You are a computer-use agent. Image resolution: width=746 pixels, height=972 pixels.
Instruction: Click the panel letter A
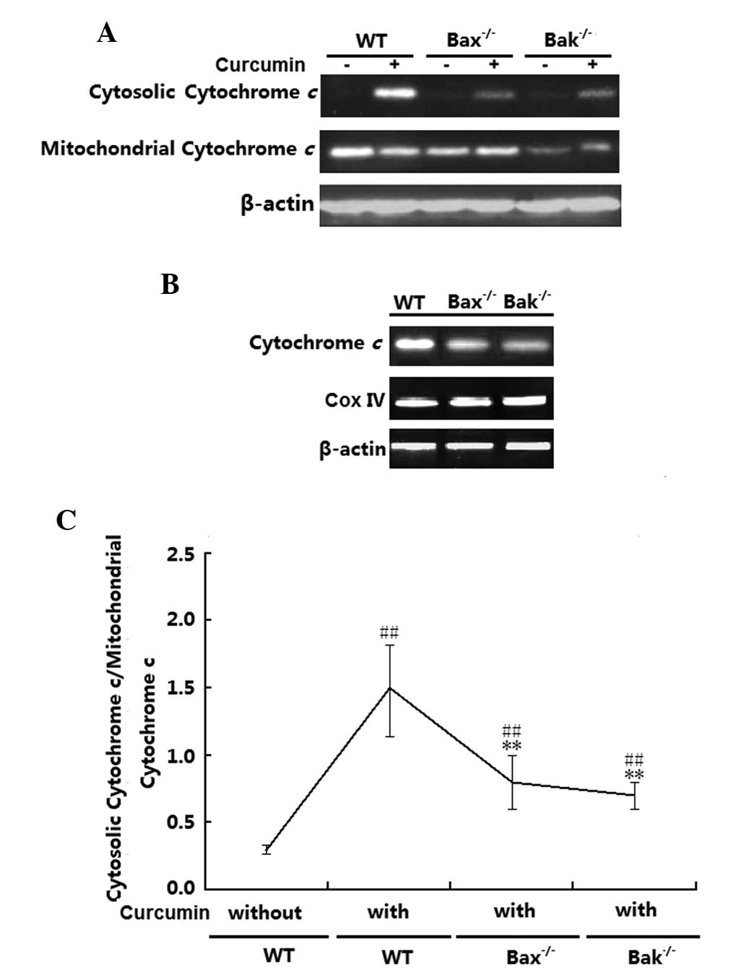point(106,33)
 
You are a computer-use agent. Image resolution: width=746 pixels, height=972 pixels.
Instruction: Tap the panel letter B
point(170,285)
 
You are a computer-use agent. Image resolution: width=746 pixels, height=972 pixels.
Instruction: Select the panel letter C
point(66,519)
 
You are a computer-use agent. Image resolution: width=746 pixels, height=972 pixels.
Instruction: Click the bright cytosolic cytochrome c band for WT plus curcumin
point(394,93)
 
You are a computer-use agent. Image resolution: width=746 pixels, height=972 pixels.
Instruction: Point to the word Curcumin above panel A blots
point(260,65)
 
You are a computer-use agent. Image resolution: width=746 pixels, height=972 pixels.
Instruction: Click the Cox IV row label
point(355,399)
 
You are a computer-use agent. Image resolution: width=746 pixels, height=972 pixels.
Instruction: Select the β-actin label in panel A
point(277,204)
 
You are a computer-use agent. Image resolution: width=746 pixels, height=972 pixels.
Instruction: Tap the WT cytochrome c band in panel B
point(410,344)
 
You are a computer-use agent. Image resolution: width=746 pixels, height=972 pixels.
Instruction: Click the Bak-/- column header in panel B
point(527,301)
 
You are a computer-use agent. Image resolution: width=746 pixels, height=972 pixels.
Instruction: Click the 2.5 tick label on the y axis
point(181,555)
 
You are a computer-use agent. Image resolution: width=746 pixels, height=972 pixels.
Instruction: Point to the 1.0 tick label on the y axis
point(181,755)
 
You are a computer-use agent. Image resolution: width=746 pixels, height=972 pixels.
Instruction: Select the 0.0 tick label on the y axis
point(181,888)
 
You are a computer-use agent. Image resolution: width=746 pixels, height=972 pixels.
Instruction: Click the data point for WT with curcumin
point(390,687)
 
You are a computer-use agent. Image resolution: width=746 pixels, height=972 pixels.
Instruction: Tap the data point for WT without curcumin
point(266,850)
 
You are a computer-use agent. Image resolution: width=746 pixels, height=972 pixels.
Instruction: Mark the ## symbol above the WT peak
point(389,634)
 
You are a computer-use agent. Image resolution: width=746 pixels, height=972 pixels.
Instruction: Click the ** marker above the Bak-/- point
point(635,775)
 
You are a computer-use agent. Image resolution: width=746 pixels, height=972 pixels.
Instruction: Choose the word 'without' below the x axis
point(265,913)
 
